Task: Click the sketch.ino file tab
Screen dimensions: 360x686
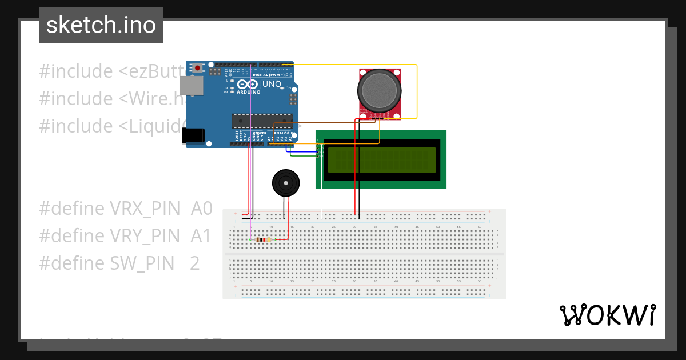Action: tap(101, 25)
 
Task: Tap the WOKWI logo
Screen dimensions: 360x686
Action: tap(607, 315)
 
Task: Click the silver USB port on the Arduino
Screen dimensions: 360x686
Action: tap(191, 86)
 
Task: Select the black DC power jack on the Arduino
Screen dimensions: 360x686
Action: tap(193, 135)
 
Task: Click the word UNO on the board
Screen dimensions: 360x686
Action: tap(272, 84)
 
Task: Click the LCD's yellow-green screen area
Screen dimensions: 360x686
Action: tap(380, 160)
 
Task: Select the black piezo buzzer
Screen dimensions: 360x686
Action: tap(284, 182)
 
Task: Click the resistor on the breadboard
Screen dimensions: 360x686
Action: tap(264, 239)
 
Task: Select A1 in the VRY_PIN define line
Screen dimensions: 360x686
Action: tap(201, 236)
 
